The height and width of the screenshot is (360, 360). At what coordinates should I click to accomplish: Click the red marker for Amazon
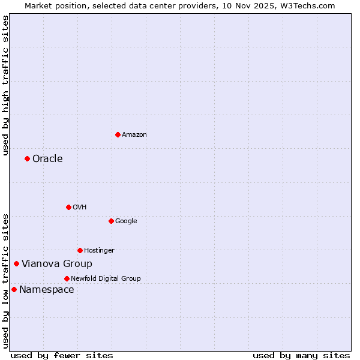click(x=118, y=134)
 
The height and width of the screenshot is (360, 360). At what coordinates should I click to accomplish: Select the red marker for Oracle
click(x=27, y=158)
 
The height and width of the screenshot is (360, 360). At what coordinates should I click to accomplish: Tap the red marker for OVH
click(x=68, y=207)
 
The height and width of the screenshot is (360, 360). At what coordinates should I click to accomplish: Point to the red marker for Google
click(x=111, y=221)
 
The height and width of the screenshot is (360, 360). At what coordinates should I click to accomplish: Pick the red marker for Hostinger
click(x=80, y=250)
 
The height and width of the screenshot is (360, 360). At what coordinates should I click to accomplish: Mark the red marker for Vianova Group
click(x=16, y=263)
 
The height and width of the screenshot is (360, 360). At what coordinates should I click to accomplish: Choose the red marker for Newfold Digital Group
click(x=67, y=278)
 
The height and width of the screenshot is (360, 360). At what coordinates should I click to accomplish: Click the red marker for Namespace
click(x=14, y=289)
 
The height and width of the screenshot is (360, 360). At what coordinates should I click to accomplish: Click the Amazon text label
click(x=134, y=135)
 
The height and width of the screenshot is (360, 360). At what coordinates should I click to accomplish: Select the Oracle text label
click(x=47, y=159)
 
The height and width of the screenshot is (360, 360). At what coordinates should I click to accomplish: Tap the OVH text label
click(x=80, y=208)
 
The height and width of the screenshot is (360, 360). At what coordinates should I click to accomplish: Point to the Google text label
click(x=126, y=221)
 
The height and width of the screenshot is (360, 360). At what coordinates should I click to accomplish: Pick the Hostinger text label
click(x=99, y=251)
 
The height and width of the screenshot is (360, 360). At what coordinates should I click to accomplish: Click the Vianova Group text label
click(x=57, y=264)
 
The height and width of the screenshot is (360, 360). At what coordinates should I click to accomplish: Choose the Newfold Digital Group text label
click(x=106, y=279)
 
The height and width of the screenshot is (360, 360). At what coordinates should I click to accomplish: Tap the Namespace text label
click(x=47, y=290)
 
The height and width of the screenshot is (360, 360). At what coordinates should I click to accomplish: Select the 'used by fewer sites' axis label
click(x=62, y=355)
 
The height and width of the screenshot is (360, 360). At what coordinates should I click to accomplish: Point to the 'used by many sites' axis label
click(x=301, y=355)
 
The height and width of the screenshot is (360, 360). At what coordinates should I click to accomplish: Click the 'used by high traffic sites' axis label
click(x=5, y=85)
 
